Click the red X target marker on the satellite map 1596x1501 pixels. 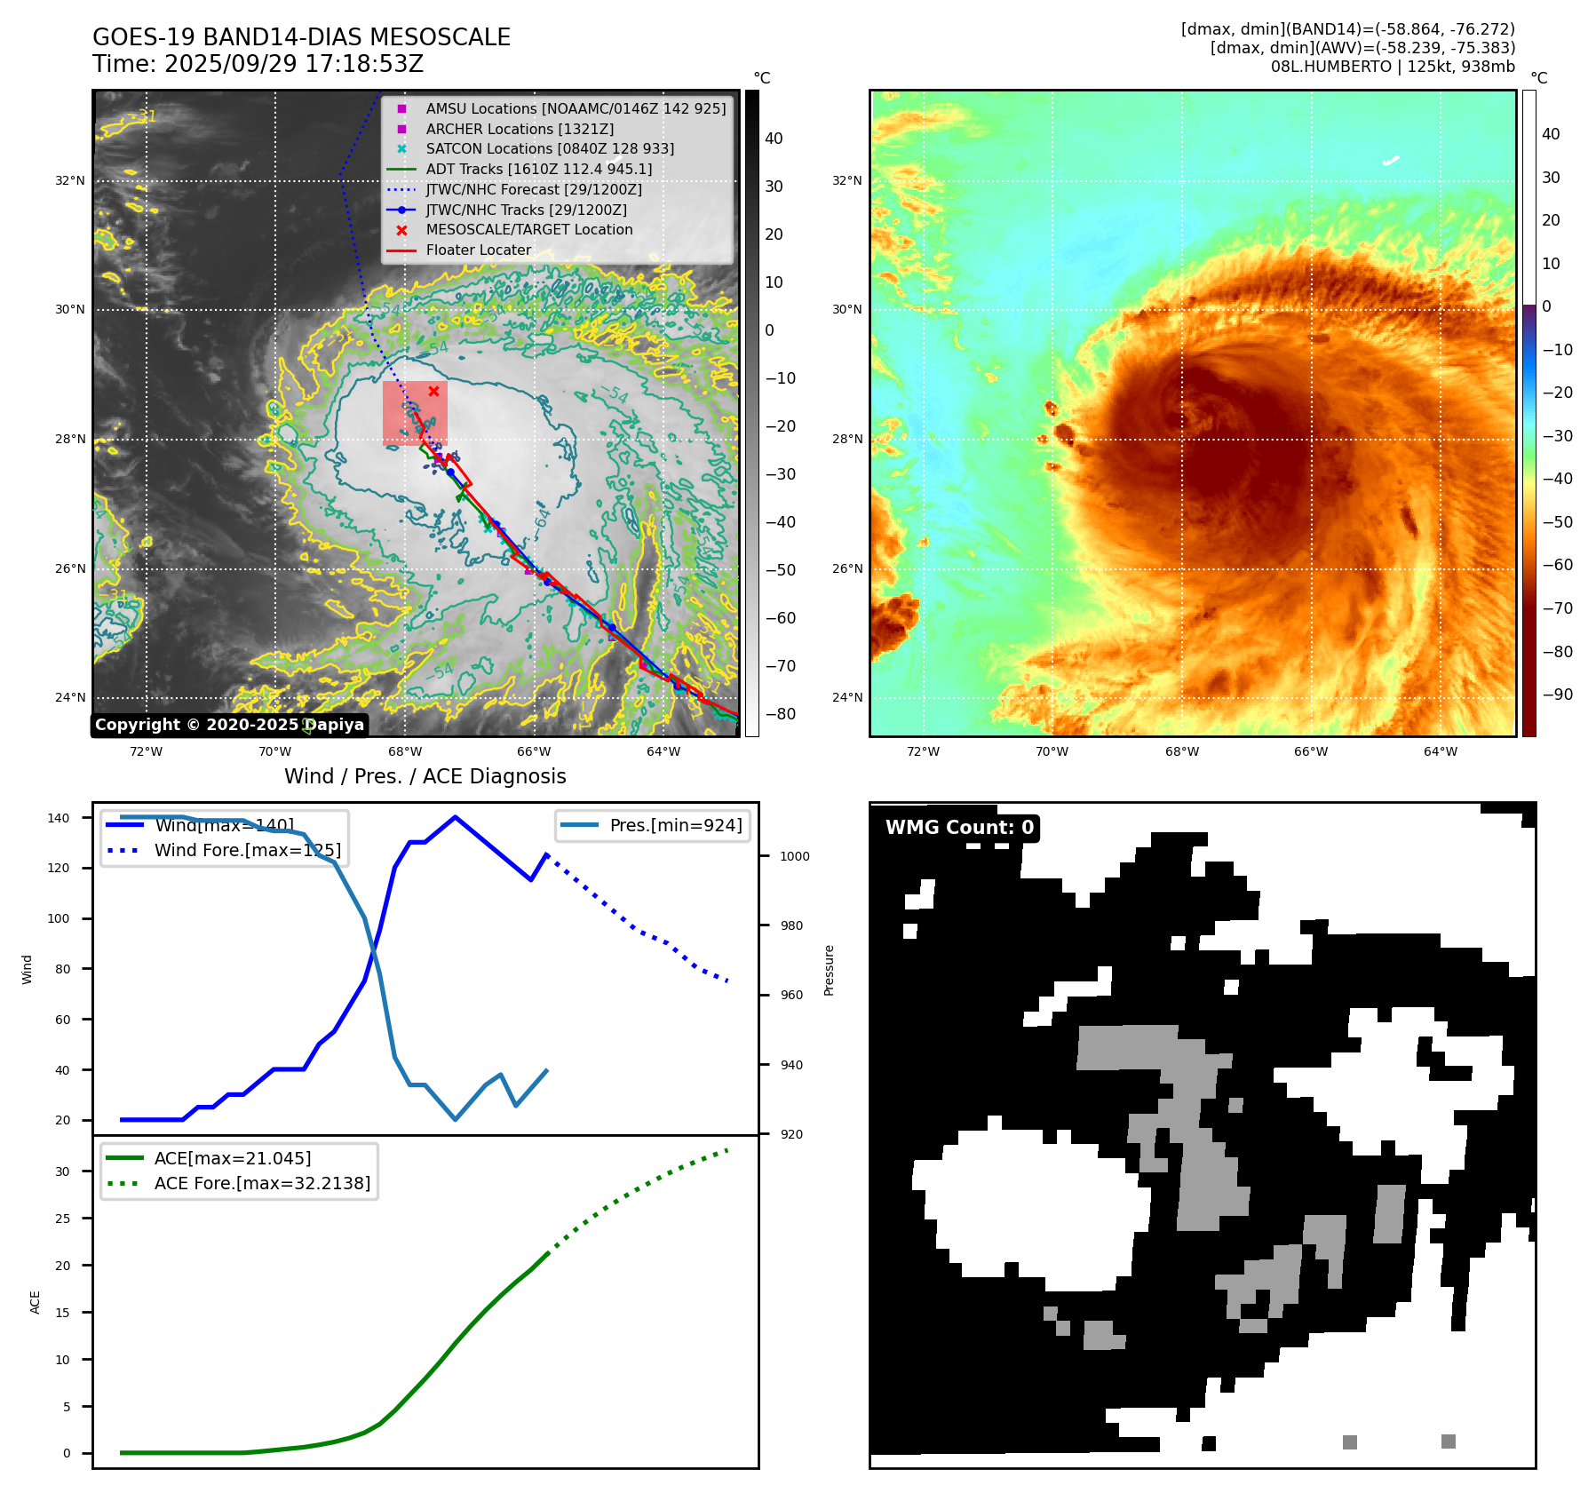(x=433, y=391)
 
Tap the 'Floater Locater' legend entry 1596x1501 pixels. (x=478, y=250)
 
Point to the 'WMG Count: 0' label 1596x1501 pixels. (x=959, y=828)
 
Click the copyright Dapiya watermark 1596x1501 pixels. (x=229, y=725)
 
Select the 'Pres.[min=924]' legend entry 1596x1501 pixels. (x=675, y=825)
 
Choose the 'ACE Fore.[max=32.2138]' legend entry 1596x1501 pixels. (x=262, y=1183)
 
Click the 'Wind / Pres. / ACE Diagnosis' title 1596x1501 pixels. (x=425, y=776)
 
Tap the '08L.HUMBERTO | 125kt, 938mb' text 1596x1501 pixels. (x=1392, y=67)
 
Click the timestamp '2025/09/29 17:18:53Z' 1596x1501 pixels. (x=294, y=65)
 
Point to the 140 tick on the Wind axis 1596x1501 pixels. (x=59, y=818)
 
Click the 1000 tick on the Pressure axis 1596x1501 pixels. (x=794, y=856)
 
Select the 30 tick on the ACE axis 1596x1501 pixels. (x=62, y=1171)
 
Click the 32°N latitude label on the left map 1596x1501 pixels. (x=70, y=180)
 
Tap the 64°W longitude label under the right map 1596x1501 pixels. (x=1440, y=752)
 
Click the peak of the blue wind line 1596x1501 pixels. (x=455, y=817)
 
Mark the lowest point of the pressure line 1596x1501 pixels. (x=456, y=1119)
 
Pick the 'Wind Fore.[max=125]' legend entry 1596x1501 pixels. (x=247, y=850)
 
